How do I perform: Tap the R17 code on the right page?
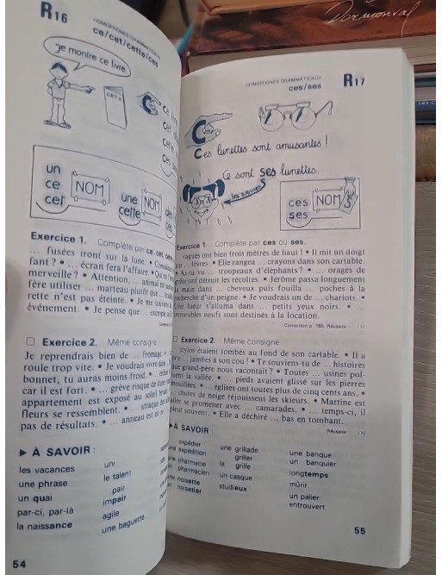(353, 80)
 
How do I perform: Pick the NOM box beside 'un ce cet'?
(90, 184)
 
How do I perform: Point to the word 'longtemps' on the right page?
(309, 473)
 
